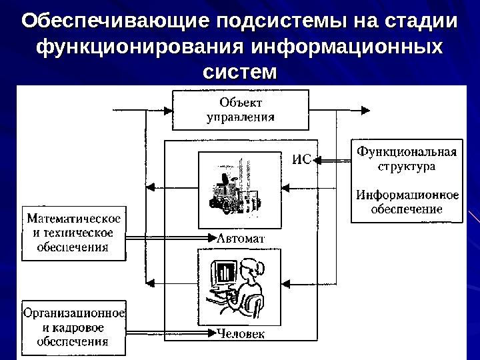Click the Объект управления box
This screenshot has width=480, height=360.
pos(241,111)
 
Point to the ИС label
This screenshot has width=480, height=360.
pos(302,159)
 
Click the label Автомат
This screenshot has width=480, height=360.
pos(241,238)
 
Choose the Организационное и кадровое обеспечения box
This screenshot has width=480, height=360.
pos(74,327)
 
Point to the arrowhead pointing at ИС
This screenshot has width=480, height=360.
pos(317,159)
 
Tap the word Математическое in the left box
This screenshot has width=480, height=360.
pos(74,219)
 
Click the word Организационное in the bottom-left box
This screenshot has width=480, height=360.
pos(74,312)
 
